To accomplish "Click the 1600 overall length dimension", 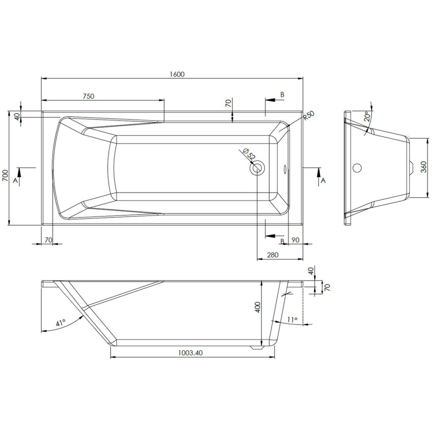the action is (x=177, y=74).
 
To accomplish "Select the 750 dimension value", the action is (x=89, y=96).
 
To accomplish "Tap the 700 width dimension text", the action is (x=5, y=175).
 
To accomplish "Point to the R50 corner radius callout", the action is (x=309, y=116).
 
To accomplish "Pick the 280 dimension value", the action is (x=273, y=255).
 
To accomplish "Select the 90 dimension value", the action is (x=295, y=240).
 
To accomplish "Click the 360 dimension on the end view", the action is (x=424, y=167).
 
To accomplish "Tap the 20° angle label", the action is (x=367, y=116).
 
